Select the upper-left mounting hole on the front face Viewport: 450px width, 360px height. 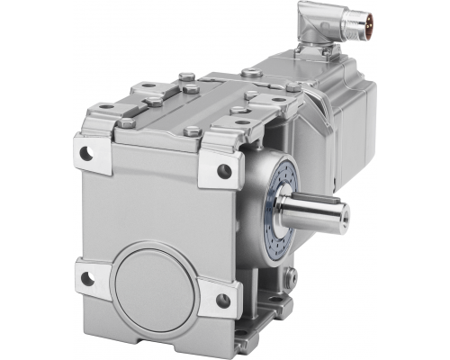(x=86, y=153)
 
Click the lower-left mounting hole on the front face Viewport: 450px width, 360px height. (x=86, y=278)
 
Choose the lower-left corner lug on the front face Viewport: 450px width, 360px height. (x=90, y=274)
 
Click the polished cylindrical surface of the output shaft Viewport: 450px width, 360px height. (x=310, y=216)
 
